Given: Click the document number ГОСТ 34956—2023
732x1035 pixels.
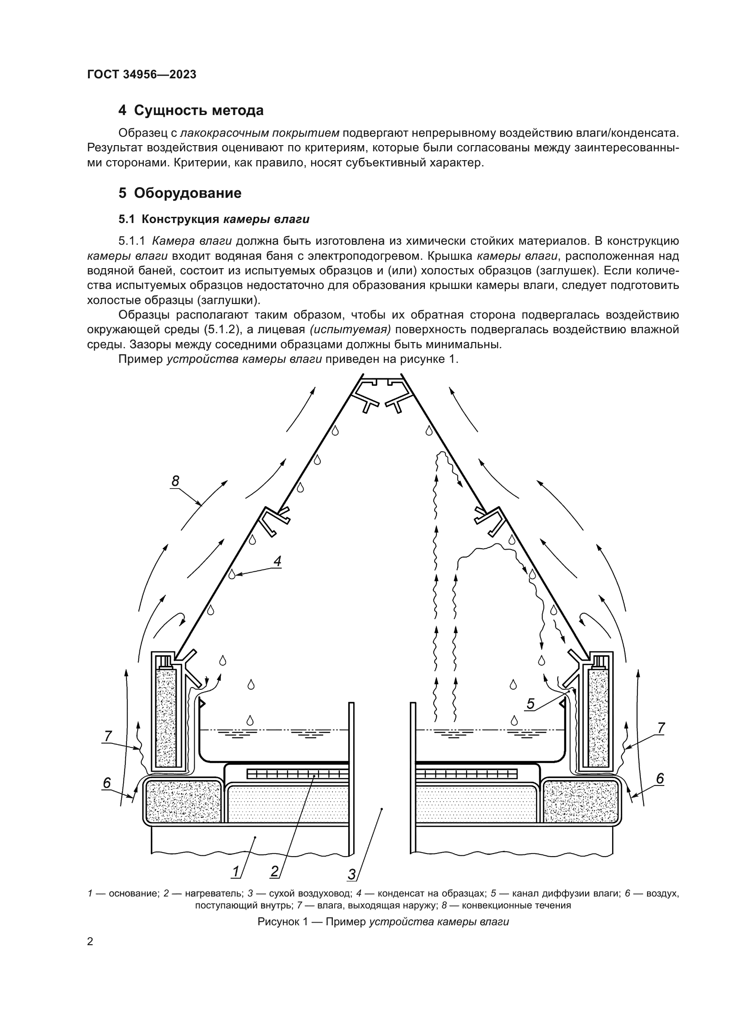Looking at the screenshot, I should click(142, 75).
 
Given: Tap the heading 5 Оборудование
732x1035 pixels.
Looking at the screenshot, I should click(180, 193).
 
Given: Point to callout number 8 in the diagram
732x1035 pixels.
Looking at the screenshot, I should click(175, 481).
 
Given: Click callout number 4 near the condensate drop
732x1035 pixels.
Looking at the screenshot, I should click(277, 562).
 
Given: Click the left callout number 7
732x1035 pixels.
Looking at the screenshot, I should click(108, 736).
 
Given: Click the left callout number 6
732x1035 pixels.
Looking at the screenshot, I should click(107, 783).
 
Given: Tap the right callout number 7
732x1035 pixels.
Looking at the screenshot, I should click(661, 728).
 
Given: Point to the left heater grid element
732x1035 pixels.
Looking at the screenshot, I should click(297, 774).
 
